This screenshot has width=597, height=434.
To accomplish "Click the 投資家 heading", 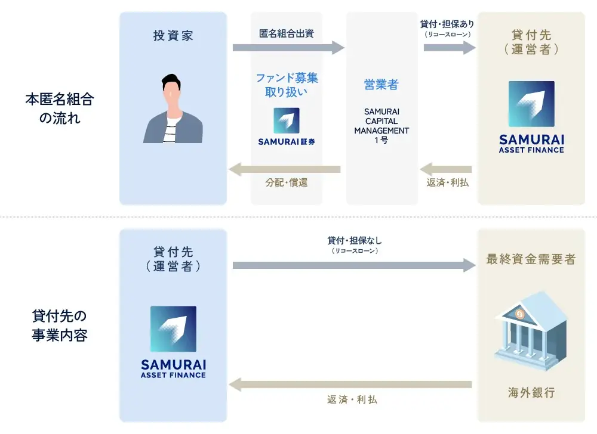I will pyautogui.click(x=173, y=36).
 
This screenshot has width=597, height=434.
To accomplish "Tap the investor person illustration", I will pyautogui.click(x=173, y=108).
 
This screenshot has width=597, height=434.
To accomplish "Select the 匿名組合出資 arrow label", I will pyautogui.click(x=287, y=33).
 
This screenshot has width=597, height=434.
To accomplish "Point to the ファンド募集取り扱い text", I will pyautogui.click(x=287, y=85).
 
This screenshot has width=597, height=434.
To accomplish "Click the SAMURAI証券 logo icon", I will pyautogui.click(x=287, y=120).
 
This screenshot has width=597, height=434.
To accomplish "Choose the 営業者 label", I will pyautogui.click(x=381, y=85).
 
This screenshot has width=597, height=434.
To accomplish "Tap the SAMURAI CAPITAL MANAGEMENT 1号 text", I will pyautogui.click(x=381, y=126).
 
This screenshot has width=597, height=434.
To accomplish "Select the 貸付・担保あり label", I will pyautogui.click(x=448, y=24).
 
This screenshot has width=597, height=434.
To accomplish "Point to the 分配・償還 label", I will pyautogui.click(x=287, y=183).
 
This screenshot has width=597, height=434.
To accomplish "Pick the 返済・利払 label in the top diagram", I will pyautogui.click(x=448, y=183).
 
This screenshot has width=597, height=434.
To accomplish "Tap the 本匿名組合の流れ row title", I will pyautogui.click(x=59, y=108).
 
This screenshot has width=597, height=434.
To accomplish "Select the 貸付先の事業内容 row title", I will pyautogui.click(x=59, y=325).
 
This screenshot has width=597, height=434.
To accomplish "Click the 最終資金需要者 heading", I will pyautogui.click(x=531, y=259).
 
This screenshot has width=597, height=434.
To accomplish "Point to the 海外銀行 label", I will pyautogui.click(x=531, y=393).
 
